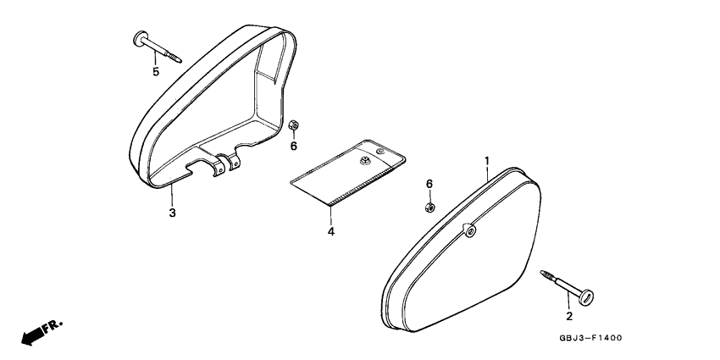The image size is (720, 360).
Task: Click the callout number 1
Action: click(x=487, y=161)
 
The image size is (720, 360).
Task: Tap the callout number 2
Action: click(x=569, y=316)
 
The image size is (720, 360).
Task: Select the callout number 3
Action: click(x=172, y=213)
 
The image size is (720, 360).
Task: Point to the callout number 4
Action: click(x=331, y=232)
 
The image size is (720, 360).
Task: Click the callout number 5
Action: click(x=156, y=72)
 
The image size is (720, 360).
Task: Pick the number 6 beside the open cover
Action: click(x=293, y=146)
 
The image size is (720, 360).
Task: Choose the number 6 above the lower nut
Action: click(x=429, y=184)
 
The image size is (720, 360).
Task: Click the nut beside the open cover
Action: click(x=293, y=125)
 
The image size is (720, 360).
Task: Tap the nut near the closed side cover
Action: click(x=429, y=208)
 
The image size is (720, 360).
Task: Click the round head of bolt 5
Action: click(x=141, y=39)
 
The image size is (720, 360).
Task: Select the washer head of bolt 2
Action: click(x=586, y=297)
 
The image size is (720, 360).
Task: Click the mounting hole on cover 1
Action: click(x=469, y=231)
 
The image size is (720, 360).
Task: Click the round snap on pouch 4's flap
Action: click(x=379, y=151)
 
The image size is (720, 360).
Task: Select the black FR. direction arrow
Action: click(x=30, y=337)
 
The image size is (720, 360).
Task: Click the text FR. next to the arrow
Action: click(x=53, y=326)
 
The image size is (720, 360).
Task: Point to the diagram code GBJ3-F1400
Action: click(x=590, y=338)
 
